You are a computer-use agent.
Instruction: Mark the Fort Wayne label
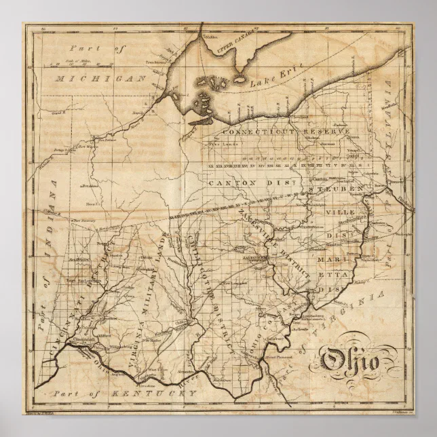click(87, 146)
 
